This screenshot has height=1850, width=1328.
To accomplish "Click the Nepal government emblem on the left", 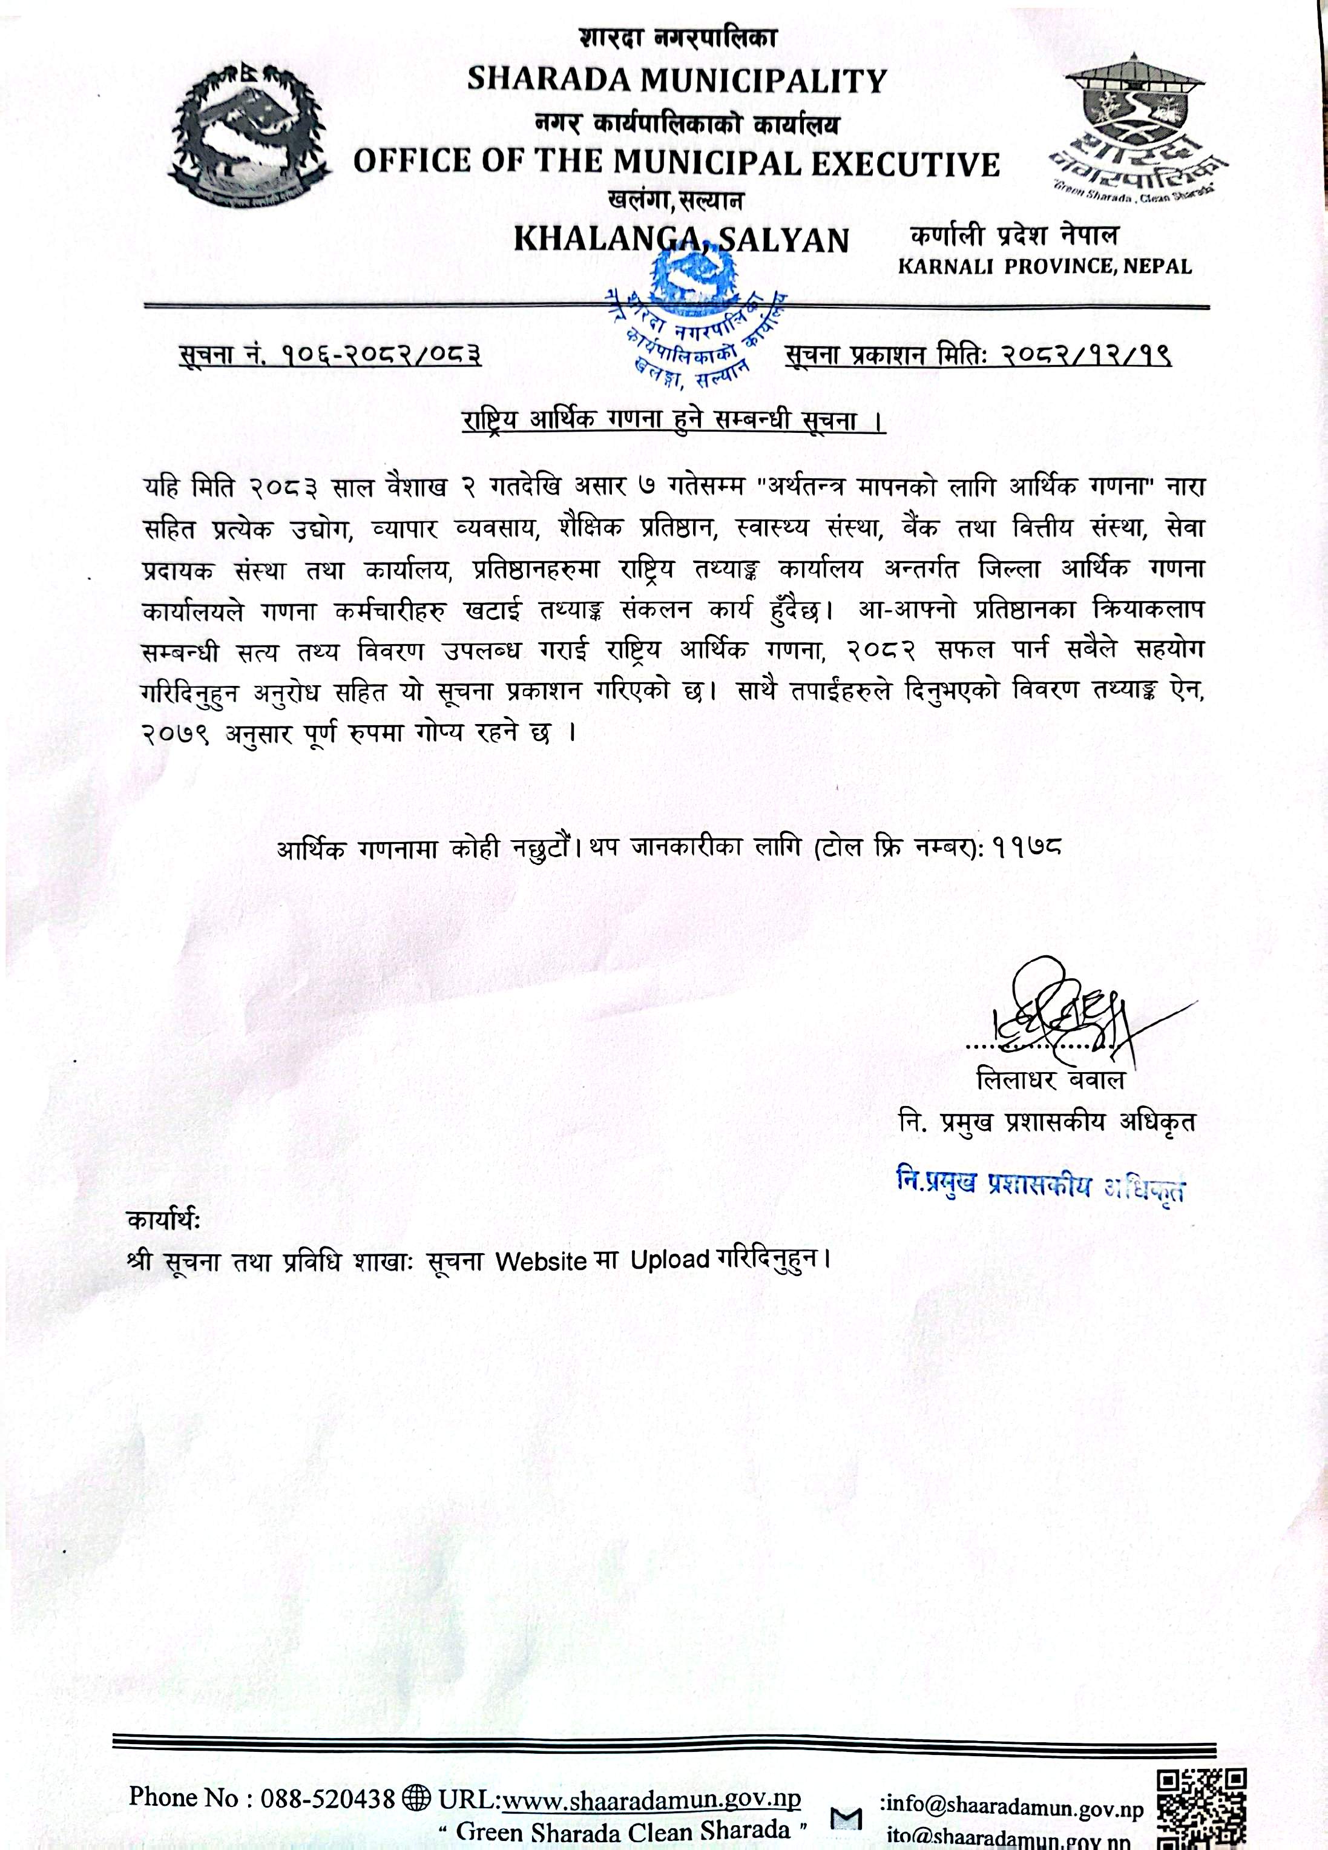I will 251,137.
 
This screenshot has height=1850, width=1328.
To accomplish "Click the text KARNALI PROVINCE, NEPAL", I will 1044,266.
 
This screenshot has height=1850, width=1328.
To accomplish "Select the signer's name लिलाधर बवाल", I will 1050,1080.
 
